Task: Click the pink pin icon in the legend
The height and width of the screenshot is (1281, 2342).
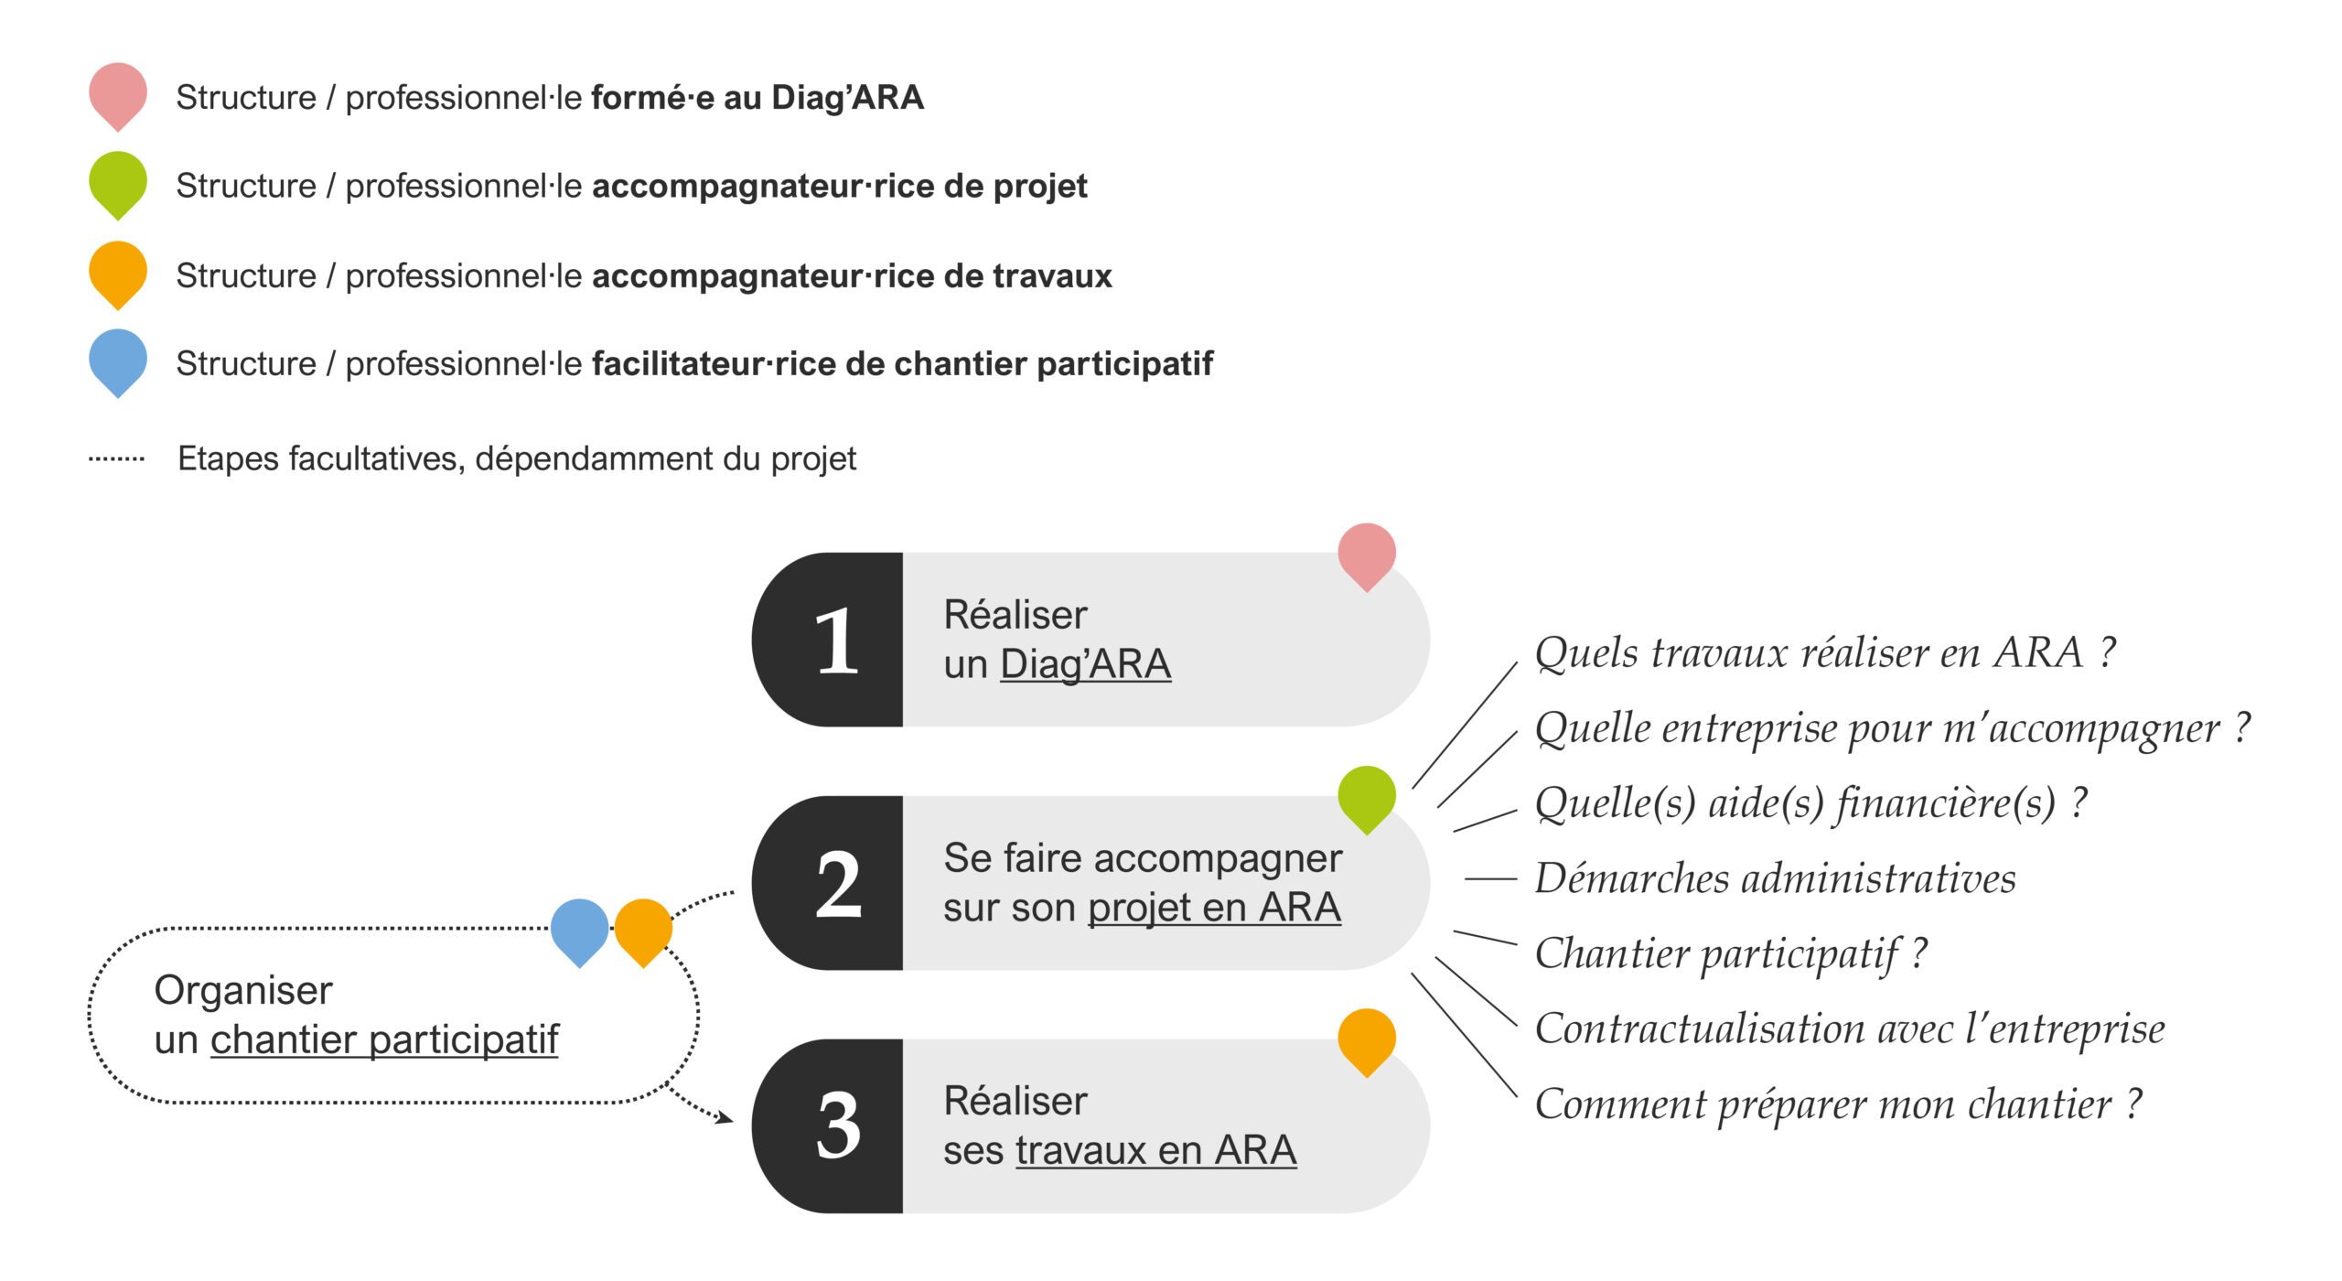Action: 117,93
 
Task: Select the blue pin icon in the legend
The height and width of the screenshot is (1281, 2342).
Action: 117,361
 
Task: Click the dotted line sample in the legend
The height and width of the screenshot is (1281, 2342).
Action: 116,458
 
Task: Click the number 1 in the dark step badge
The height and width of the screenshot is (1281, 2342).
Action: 836,641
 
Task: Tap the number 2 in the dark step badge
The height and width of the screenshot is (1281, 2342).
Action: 838,884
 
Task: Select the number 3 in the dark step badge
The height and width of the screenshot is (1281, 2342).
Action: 838,1126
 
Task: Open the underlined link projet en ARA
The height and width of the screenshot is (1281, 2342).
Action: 1214,909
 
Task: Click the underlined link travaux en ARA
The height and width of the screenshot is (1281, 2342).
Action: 1155,1151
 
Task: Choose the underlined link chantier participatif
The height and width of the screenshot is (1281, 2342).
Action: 384,1040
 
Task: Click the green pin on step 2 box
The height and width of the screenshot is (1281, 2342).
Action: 1366,797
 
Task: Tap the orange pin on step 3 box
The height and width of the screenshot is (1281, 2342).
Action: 1366,1040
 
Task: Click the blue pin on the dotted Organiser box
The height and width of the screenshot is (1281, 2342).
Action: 579,930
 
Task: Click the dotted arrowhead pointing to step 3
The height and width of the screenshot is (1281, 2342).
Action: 725,1117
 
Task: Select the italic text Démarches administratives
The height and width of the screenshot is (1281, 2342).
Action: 1775,878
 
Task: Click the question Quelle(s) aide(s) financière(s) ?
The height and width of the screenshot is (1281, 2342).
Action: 1810,803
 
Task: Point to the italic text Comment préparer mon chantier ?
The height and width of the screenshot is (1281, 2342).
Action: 1838,1104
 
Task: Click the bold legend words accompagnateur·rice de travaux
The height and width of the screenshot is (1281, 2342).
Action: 852,275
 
